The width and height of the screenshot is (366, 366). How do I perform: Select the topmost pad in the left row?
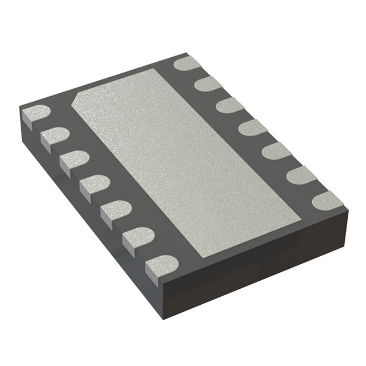coord(35,116)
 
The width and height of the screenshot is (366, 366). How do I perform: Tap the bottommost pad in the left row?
coord(161,264)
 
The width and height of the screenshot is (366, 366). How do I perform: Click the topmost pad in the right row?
coord(188,64)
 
